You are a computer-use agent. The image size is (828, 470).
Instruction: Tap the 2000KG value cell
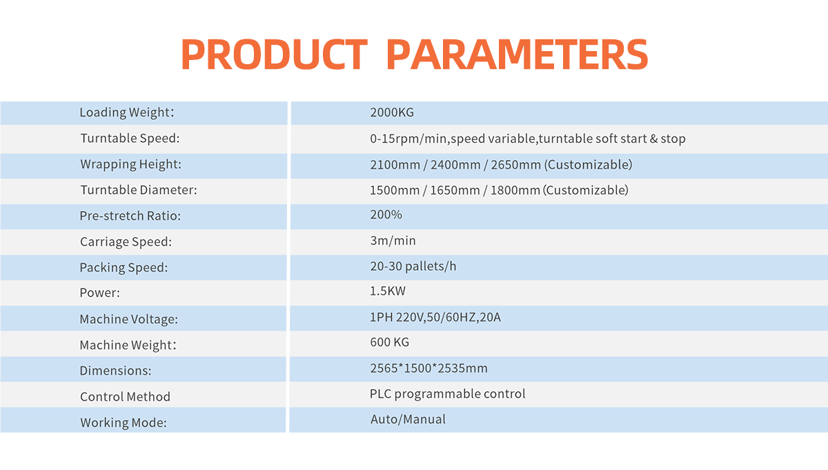(392, 112)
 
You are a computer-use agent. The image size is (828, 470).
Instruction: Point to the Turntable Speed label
(130, 138)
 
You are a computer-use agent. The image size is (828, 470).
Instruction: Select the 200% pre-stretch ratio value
(386, 215)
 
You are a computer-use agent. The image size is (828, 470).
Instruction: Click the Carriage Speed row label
(126, 242)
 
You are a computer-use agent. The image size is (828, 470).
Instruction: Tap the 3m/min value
(393, 241)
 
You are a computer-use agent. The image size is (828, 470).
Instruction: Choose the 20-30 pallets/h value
(413, 266)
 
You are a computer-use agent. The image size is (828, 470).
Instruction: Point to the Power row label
(99, 293)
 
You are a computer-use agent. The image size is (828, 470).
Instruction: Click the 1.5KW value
(388, 291)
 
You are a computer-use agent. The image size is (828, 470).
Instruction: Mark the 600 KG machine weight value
(390, 342)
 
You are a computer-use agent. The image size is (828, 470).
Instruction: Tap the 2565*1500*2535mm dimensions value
(428, 368)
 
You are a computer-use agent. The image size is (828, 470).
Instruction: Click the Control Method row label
(125, 397)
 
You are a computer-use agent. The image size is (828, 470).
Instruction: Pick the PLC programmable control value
(447, 394)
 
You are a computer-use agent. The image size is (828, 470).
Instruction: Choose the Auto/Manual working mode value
(408, 419)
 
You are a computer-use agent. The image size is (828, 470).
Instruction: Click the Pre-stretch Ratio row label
(130, 216)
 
